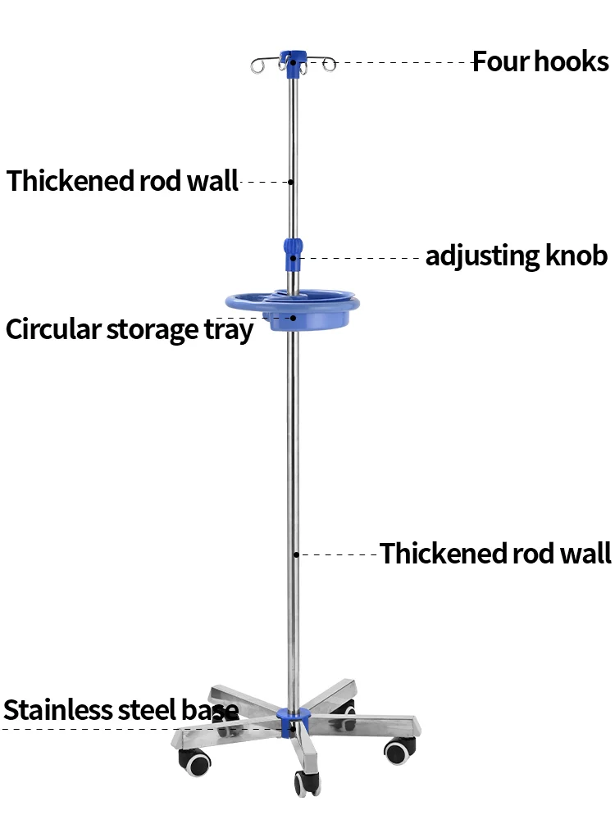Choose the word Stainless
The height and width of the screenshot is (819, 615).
(x=57, y=709)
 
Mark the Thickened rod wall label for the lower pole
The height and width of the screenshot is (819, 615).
(x=495, y=554)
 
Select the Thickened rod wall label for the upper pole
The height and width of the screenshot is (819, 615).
(x=122, y=180)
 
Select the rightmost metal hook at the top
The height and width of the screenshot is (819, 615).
(x=330, y=64)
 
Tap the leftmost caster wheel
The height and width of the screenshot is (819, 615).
(x=194, y=764)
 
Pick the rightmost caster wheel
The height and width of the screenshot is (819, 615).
(x=399, y=749)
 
